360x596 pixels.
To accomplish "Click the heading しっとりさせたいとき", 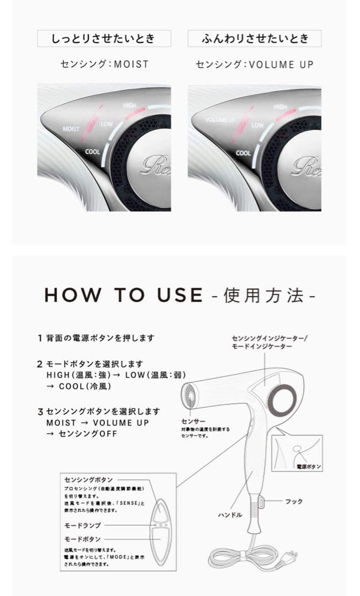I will [104, 39].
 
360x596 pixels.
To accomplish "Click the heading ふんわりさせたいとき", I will [254, 39].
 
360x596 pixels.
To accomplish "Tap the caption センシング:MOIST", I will [104, 65].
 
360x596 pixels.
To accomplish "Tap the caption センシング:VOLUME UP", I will [255, 65].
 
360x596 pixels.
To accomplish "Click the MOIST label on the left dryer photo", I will [71, 129].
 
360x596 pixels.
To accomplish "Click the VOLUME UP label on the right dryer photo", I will [219, 119].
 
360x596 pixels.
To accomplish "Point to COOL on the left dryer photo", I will [93, 151].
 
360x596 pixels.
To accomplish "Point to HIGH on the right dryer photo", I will [280, 106].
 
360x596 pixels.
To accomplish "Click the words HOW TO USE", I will [123, 295].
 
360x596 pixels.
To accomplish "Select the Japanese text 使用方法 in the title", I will [263, 296].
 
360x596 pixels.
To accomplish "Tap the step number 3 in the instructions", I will [40, 411].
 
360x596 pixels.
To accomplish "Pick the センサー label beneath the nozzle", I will [197, 421].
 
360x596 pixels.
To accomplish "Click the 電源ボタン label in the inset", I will [309, 466].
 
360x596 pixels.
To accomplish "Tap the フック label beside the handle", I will [293, 502].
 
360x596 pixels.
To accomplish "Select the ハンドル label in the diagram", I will [230, 514].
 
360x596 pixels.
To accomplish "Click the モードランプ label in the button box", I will [83, 525].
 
